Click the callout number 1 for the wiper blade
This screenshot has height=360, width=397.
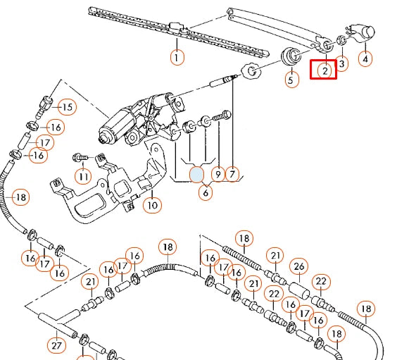tap(177, 58)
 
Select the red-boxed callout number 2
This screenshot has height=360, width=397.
tap(325, 70)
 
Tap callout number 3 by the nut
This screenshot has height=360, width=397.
tap(341, 64)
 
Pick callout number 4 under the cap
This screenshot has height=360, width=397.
tap(365, 59)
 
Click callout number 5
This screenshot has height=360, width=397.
tap(291, 80)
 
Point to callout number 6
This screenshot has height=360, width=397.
tap(206, 192)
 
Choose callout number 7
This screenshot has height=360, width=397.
tap(232, 174)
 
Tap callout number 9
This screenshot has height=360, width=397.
tap(218, 174)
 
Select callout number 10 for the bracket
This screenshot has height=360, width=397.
tap(152, 205)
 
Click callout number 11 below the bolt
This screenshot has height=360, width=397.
tap(84, 176)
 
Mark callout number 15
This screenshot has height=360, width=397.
tap(68, 107)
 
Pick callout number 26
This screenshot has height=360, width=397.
tap(299, 267)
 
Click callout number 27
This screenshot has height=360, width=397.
tap(56, 346)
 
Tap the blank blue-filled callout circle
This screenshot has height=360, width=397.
tap(196, 174)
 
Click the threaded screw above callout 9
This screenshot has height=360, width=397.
tap(222, 116)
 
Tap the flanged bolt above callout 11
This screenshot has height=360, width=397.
tap(80, 158)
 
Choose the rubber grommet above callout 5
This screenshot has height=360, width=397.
tap(291, 56)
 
